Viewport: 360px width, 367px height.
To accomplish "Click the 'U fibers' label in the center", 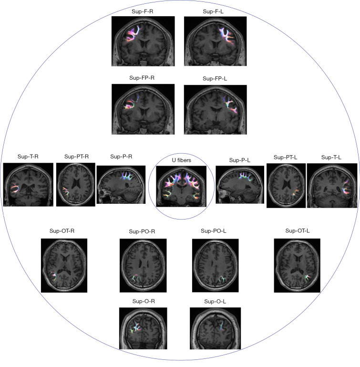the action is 182,160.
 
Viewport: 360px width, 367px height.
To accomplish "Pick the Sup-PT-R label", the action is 76,157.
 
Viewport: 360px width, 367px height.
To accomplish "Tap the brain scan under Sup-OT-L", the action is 297,265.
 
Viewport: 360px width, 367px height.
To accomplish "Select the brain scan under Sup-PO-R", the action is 142,265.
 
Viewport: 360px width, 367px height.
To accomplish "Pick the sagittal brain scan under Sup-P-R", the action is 121,185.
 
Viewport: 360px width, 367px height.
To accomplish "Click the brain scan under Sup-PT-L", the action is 286,185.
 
